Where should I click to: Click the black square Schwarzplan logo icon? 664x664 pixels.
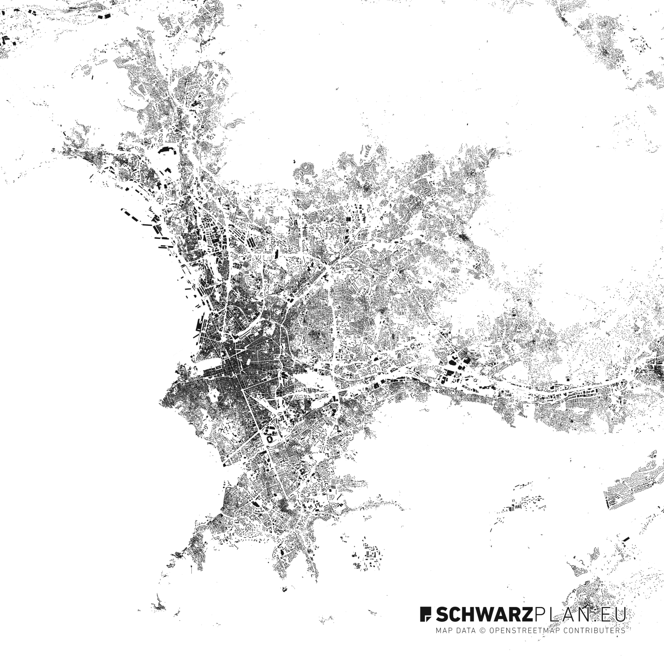426,614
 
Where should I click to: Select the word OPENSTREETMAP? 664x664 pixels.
525,630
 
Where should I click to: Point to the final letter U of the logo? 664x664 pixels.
620,614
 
